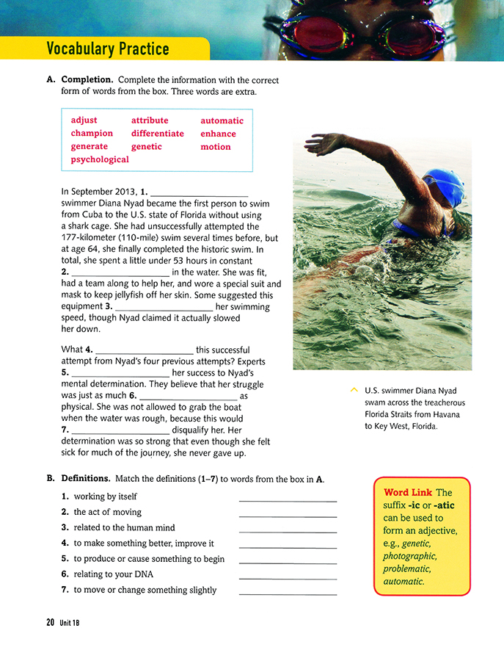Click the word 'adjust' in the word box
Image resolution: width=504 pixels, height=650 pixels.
coord(84,120)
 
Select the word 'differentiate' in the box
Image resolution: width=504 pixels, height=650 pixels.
coord(157,134)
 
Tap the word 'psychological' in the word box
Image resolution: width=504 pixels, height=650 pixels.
coord(100,159)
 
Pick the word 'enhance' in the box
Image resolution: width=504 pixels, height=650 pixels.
coord(218,134)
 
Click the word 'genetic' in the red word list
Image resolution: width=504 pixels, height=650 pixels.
coord(147,147)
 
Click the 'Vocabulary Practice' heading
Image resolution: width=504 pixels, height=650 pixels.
coord(107,49)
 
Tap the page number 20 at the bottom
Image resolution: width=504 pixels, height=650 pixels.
coord(50,622)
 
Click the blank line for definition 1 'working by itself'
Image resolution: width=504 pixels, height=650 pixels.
coord(288,500)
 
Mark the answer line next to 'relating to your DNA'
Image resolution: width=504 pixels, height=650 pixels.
coord(288,578)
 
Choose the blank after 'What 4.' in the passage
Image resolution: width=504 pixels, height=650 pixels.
coord(145,350)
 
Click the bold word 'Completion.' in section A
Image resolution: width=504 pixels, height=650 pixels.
coord(87,79)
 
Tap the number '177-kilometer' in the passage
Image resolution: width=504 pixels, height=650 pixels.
coord(90,239)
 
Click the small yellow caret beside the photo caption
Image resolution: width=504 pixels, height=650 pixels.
coord(354,389)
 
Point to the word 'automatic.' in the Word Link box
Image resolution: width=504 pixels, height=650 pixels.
coord(403,581)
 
